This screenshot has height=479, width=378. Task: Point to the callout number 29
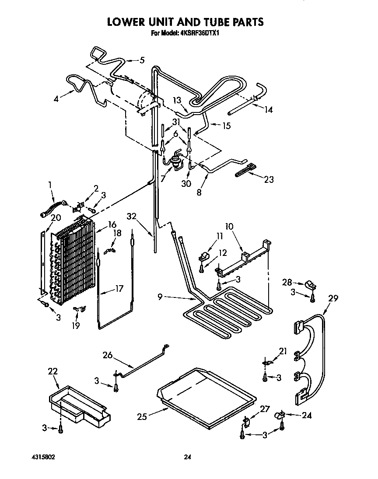point(333,299)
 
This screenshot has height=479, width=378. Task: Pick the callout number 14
point(268,110)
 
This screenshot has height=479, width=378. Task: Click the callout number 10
point(229,227)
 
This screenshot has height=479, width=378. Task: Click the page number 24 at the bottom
point(187,457)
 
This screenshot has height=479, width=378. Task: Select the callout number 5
point(141,60)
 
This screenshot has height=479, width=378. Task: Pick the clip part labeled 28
point(312,285)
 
